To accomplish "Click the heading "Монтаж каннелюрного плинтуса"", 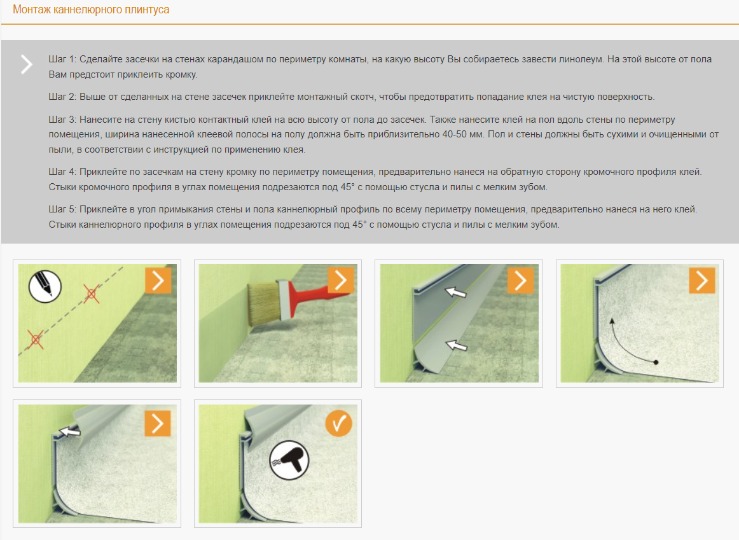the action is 91,10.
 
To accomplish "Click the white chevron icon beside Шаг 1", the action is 27,64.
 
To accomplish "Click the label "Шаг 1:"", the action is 62,59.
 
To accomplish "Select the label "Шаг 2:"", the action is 62,97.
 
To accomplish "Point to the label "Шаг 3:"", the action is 62,120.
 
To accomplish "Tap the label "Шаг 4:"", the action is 62,172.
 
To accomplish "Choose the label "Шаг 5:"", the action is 62,209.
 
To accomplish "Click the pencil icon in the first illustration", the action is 45,286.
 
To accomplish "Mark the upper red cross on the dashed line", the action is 92,294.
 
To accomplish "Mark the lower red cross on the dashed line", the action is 36,339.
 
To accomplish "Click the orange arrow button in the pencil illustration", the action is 158,281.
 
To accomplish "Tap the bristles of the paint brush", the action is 264,304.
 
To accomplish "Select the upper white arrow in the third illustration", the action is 456,292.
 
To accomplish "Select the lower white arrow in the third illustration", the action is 456,346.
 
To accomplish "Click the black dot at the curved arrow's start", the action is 656,362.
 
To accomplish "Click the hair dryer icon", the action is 289,460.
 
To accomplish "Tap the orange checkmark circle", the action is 338,423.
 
